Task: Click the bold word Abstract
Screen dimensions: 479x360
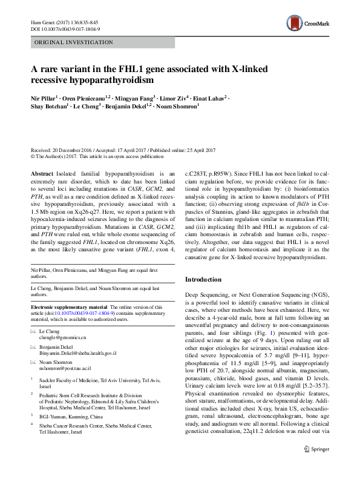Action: pos(42,173)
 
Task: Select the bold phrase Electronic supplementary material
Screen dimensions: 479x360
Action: pos(68,307)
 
